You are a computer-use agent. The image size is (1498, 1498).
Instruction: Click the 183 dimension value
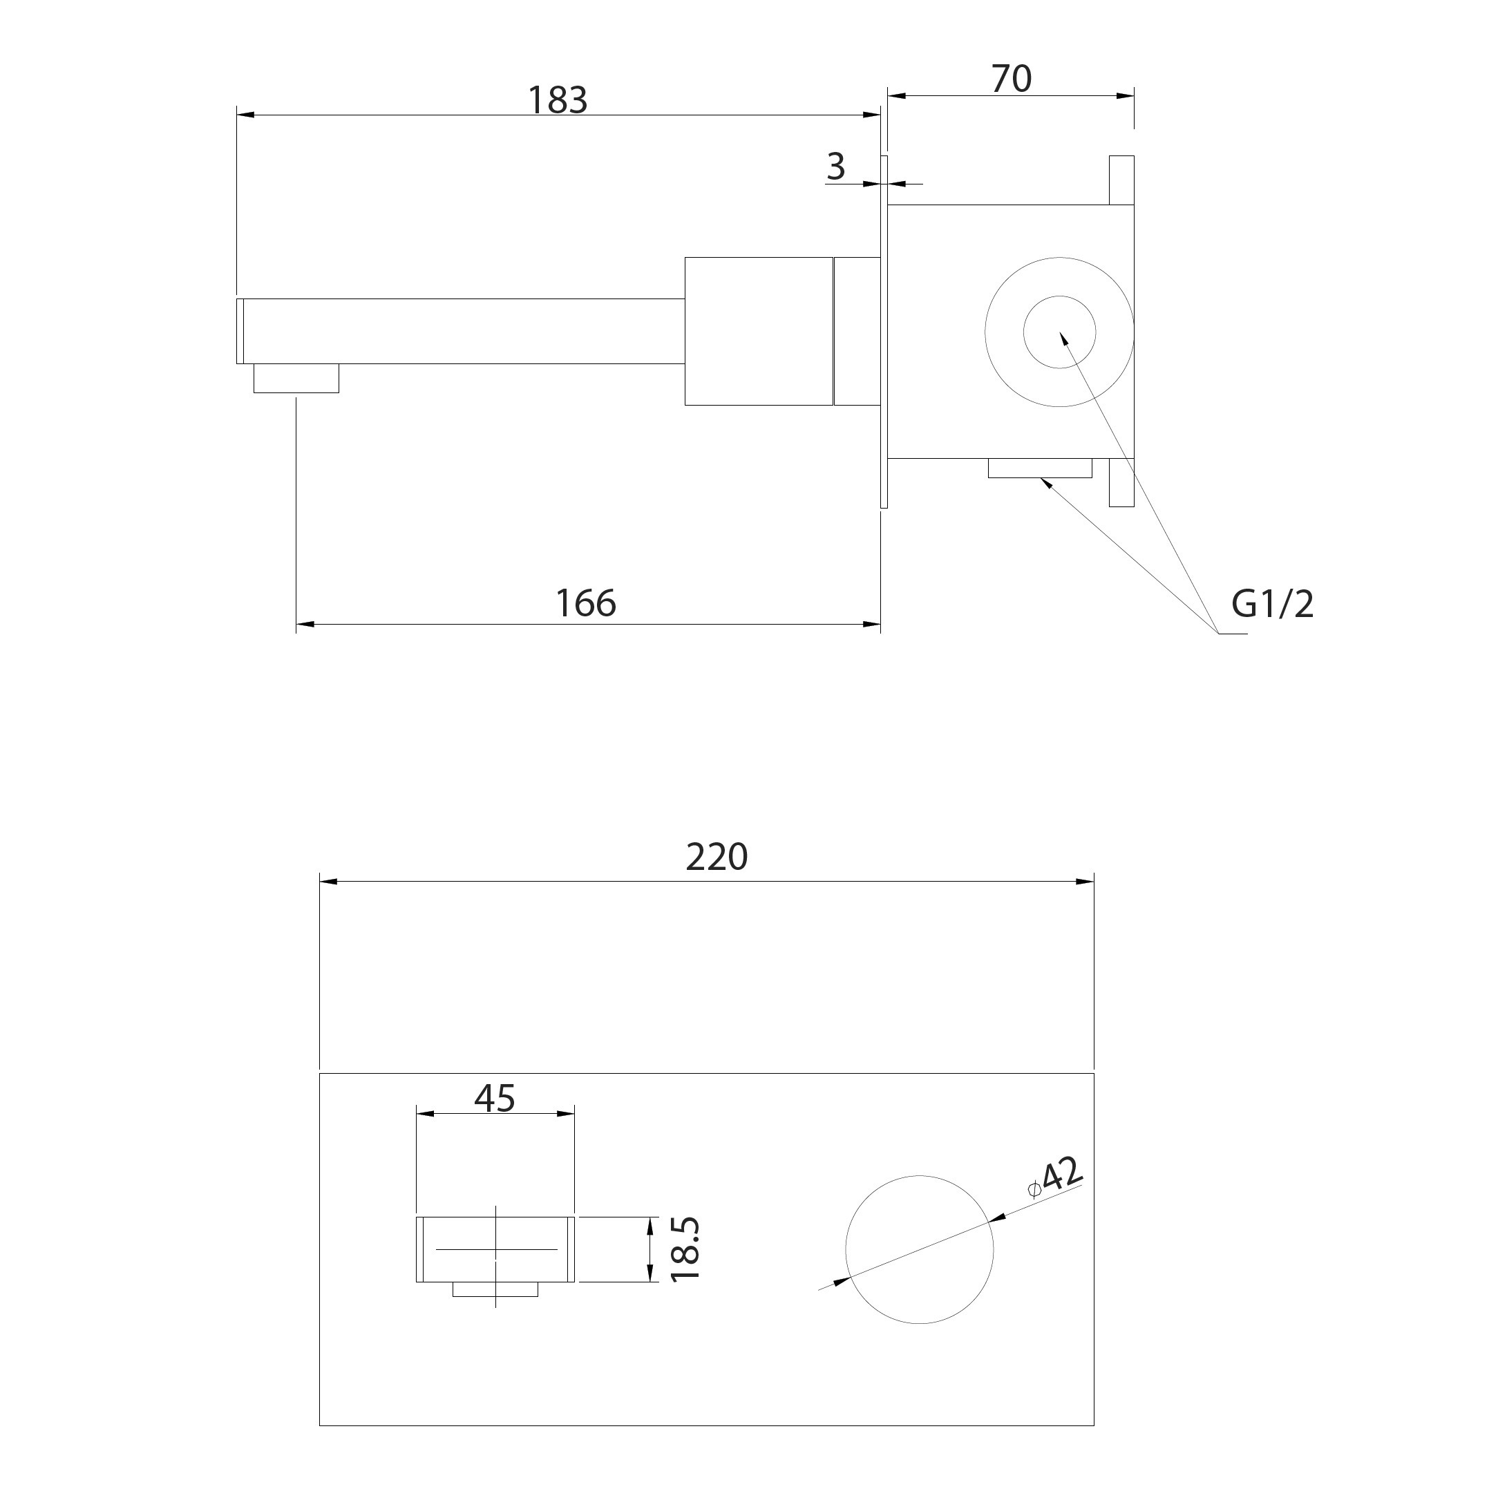click(558, 100)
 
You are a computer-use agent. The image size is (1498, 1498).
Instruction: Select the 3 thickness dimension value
click(835, 166)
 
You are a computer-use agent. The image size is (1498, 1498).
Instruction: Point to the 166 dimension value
click(586, 603)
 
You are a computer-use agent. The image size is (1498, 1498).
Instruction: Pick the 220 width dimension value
click(717, 857)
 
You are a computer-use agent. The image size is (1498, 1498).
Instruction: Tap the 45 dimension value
click(495, 1098)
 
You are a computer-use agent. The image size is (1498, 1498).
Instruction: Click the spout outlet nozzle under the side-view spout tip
click(296, 379)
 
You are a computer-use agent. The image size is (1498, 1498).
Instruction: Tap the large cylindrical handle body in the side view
click(759, 331)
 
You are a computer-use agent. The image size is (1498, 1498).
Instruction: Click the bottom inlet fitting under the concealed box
click(1040, 468)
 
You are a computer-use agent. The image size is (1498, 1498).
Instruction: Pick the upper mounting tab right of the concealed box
click(1121, 180)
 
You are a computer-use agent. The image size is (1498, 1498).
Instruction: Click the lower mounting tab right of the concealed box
click(1121, 482)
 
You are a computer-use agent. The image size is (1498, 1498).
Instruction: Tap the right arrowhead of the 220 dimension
click(1084, 882)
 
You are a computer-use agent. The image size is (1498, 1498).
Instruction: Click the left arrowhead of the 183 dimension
click(247, 115)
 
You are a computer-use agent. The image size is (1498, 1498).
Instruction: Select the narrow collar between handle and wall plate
click(857, 331)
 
